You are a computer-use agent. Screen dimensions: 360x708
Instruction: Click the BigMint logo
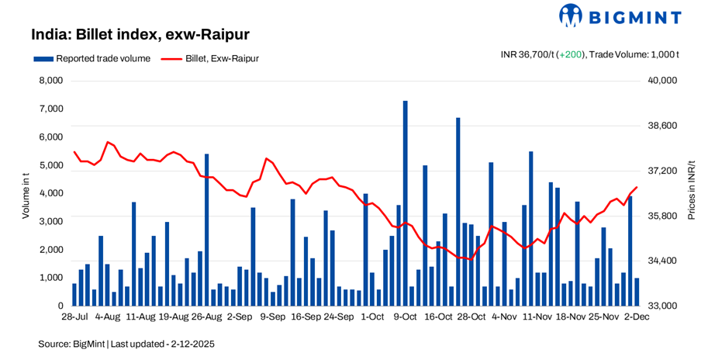(620, 16)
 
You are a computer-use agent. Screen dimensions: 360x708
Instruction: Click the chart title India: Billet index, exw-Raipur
(140, 35)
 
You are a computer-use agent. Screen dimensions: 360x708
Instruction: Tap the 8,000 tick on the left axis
(50, 81)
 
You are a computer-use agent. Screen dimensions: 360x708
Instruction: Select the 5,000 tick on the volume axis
(50, 165)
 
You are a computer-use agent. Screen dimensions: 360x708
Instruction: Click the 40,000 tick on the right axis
(662, 81)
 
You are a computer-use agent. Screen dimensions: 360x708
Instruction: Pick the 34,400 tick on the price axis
(662, 261)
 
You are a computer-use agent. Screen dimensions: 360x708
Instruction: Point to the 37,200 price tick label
(662, 171)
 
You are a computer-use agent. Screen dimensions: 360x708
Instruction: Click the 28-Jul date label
(74, 317)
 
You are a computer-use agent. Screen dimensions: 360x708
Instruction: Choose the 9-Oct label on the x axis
(406, 317)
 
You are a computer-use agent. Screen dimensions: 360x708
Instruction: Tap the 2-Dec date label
(637, 317)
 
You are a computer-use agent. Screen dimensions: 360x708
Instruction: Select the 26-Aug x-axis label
(206, 317)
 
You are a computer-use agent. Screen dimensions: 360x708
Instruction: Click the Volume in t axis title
(25, 193)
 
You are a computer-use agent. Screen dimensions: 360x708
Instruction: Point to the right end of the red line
(637, 187)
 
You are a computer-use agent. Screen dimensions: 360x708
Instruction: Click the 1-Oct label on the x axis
(372, 317)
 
